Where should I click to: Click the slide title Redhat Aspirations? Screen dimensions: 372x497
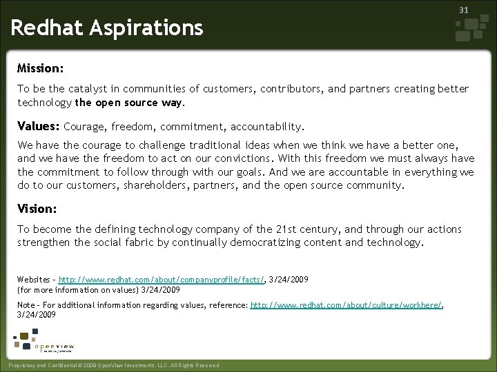pyautogui.click(x=107, y=28)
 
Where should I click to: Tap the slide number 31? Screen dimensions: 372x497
pyautogui.click(x=464, y=10)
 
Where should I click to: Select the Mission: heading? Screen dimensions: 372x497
pyautogui.click(x=41, y=69)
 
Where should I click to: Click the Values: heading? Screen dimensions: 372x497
pyautogui.click(x=38, y=126)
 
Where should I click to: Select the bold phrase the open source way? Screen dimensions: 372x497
pyautogui.click(x=129, y=102)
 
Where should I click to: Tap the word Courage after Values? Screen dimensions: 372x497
pyautogui.click(x=84, y=127)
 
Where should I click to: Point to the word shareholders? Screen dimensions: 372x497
pyautogui.click(x=156, y=185)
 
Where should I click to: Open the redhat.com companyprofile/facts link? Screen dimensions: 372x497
pyautogui.click(x=161, y=280)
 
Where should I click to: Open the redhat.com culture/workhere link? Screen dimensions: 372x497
pyautogui.click(x=346, y=304)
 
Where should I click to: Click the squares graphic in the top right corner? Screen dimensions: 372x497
pyautogui.click(x=471, y=29)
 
